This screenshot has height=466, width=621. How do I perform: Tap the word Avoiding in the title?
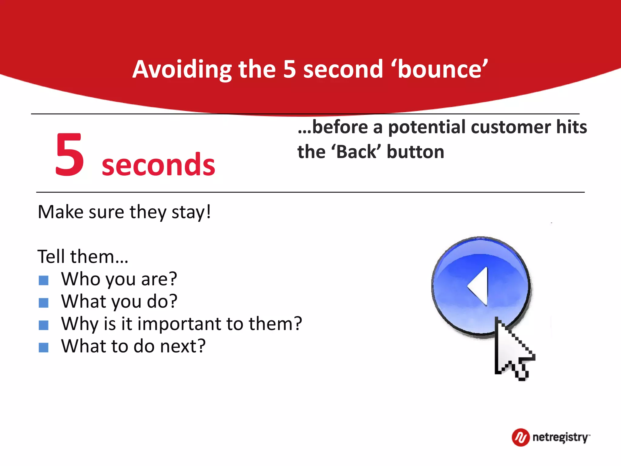pyautogui.click(x=182, y=70)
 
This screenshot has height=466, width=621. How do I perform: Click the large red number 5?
pyautogui.click(x=69, y=155)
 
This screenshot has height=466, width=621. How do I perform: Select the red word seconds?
pyautogui.click(x=158, y=165)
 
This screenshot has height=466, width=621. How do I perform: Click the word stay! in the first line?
pyautogui.click(x=191, y=212)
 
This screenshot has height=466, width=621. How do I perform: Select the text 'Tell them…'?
pyautogui.click(x=83, y=257)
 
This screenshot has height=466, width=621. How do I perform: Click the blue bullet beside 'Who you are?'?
pyautogui.click(x=44, y=280)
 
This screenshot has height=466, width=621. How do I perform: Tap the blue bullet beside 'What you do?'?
pyautogui.click(x=44, y=303)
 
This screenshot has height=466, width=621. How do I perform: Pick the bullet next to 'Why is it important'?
pyautogui.click(x=44, y=325)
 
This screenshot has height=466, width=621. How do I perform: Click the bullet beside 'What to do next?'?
pyautogui.click(x=44, y=348)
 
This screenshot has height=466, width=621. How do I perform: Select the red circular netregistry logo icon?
pyautogui.click(x=521, y=437)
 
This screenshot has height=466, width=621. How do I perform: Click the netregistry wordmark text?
pyautogui.click(x=560, y=437)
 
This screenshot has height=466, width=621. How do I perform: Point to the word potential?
pyautogui.click(x=428, y=127)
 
